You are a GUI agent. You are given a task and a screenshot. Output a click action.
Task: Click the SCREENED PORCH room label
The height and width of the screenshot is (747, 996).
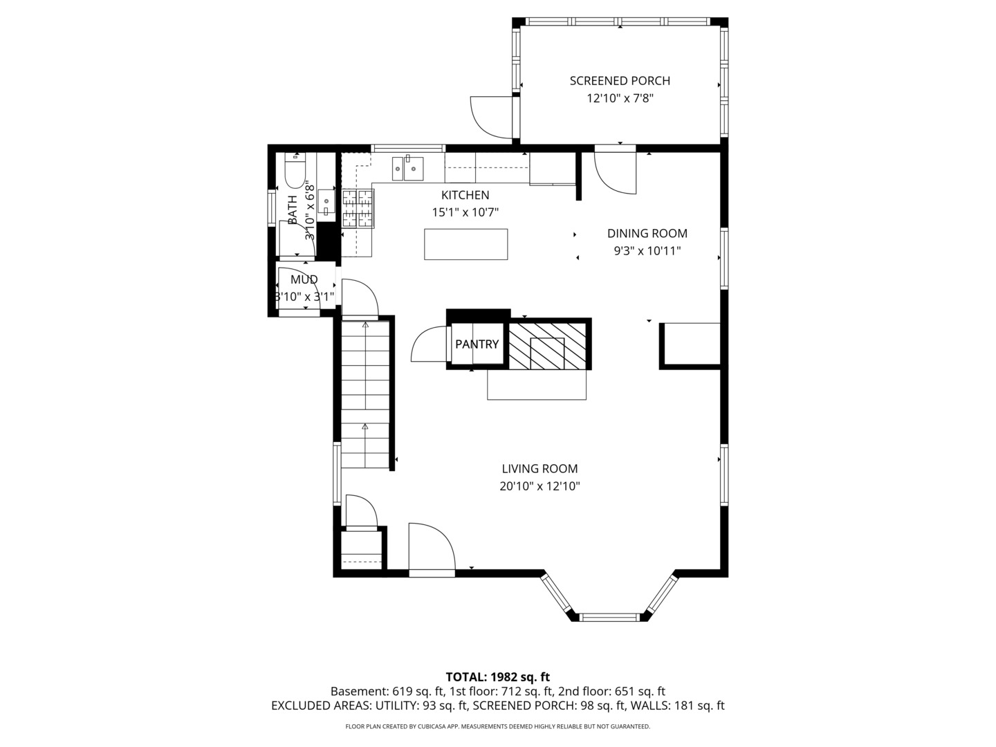pyautogui.click(x=620, y=81)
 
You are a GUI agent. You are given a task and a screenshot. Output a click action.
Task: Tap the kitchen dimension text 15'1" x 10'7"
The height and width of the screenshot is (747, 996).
pyautogui.click(x=465, y=213)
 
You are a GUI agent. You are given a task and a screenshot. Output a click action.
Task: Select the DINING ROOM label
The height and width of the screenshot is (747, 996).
pyautogui.click(x=647, y=234)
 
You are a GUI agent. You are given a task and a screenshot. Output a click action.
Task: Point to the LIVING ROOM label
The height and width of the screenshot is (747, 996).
pyautogui.click(x=539, y=469)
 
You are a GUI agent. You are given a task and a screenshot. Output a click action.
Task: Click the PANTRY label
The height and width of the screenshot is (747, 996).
pyautogui.click(x=477, y=344)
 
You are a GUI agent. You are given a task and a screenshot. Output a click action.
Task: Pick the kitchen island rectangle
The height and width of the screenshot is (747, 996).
pyautogui.click(x=465, y=244)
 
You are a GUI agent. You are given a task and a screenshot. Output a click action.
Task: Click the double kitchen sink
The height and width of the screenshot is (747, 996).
pyautogui.click(x=407, y=167)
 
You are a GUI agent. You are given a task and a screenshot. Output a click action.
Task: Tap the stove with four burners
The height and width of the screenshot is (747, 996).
pyautogui.click(x=358, y=208)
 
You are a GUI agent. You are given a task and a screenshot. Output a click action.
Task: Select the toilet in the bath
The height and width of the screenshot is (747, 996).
pyautogui.click(x=295, y=173)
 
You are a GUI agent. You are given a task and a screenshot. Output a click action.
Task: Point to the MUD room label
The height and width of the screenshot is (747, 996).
pyautogui.click(x=304, y=279)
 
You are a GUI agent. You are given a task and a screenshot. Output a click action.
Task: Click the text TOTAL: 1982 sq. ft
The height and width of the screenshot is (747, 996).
pyautogui.click(x=497, y=677)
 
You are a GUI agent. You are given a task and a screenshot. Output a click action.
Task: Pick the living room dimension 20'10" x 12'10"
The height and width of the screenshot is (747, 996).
pyautogui.click(x=539, y=487)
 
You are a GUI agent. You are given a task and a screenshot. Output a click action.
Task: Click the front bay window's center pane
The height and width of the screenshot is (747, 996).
pyautogui.click(x=609, y=616)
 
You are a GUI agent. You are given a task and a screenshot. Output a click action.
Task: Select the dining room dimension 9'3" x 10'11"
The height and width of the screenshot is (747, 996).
pyautogui.click(x=647, y=252)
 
